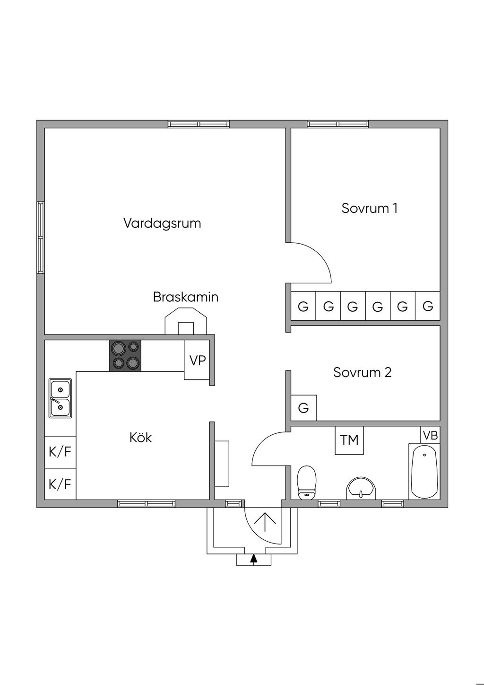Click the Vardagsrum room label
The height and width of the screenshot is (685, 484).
tap(162, 223)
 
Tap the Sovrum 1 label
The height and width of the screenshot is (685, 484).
tap(369, 208)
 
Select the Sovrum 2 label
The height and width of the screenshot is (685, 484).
tap(362, 372)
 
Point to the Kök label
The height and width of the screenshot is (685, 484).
tap(140, 438)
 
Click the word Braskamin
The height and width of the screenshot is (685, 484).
tap(185, 297)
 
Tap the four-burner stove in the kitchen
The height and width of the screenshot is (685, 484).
tap(125, 356)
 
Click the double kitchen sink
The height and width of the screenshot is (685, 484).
tap(60, 398)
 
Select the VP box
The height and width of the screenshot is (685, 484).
tap(197, 360)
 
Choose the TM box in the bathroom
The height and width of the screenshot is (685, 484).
tap(349, 440)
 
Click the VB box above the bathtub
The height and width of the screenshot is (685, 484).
tap(430, 435)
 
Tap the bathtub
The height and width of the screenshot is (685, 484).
tap(424, 471)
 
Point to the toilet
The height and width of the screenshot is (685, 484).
tap(306, 483)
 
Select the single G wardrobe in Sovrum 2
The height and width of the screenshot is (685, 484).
tap(303, 408)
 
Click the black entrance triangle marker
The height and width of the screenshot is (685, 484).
tap(254, 559)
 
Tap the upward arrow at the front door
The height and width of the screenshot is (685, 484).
tap(265, 524)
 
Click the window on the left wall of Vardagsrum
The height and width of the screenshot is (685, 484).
tap(41, 237)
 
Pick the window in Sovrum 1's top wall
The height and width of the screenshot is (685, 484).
tap(337, 124)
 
